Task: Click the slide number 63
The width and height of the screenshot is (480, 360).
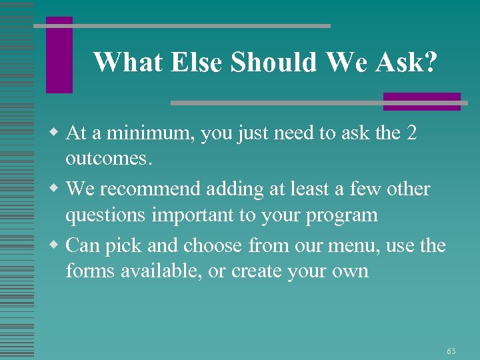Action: click(451, 351)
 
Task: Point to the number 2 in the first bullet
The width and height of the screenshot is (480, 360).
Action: click(411, 133)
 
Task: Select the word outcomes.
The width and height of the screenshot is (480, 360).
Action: click(109, 159)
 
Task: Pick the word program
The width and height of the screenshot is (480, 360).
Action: click(343, 216)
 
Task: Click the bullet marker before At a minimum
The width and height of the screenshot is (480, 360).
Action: click(57, 133)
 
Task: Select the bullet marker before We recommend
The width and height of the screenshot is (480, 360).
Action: click(57, 189)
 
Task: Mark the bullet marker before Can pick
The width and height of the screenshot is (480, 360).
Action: click(57, 245)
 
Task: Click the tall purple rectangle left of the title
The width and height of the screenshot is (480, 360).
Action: click(59, 55)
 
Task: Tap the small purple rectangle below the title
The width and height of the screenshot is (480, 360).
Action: click(422, 101)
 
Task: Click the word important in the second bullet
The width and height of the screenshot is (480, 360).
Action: click(211, 215)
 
